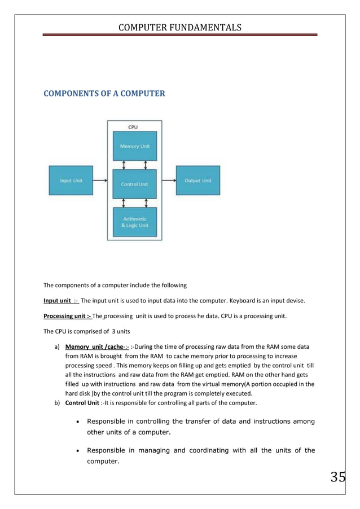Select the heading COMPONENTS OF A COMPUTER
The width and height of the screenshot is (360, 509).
[x=104, y=93]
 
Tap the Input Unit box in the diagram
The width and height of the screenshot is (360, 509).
[x=71, y=181]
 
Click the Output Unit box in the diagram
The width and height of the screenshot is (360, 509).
[x=197, y=181]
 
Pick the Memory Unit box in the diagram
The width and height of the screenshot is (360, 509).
[x=134, y=146]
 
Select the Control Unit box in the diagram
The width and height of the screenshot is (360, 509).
[x=134, y=184]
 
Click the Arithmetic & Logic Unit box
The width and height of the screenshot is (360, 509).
[x=134, y=222]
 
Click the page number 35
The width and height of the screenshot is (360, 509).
[x=337, y=477]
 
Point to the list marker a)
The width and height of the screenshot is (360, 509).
[x=56, y=346]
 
